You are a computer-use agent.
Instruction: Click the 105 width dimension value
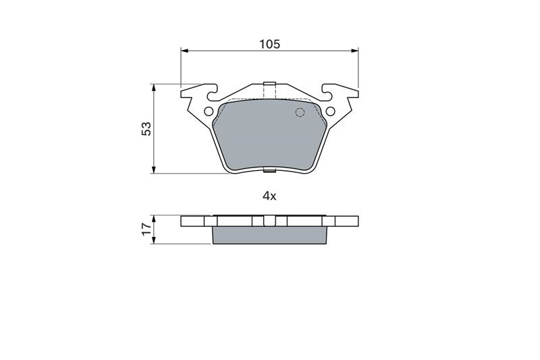[x=269, y=45]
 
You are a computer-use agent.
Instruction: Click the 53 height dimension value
[x=146, y=128]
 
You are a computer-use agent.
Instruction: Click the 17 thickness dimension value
[x=146, y=229]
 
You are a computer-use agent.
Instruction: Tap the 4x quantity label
[x=269, y=197]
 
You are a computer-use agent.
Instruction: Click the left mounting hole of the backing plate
[x=209, y=111]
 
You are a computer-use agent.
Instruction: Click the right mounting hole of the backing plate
[x=330, y=111]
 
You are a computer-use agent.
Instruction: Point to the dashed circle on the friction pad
[x=300, y=113]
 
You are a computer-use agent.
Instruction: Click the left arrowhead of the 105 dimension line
[x=184, y=51]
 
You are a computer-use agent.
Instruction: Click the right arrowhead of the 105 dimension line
[x=354, y=51]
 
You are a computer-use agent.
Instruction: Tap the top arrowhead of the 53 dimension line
[x=154, y=88]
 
